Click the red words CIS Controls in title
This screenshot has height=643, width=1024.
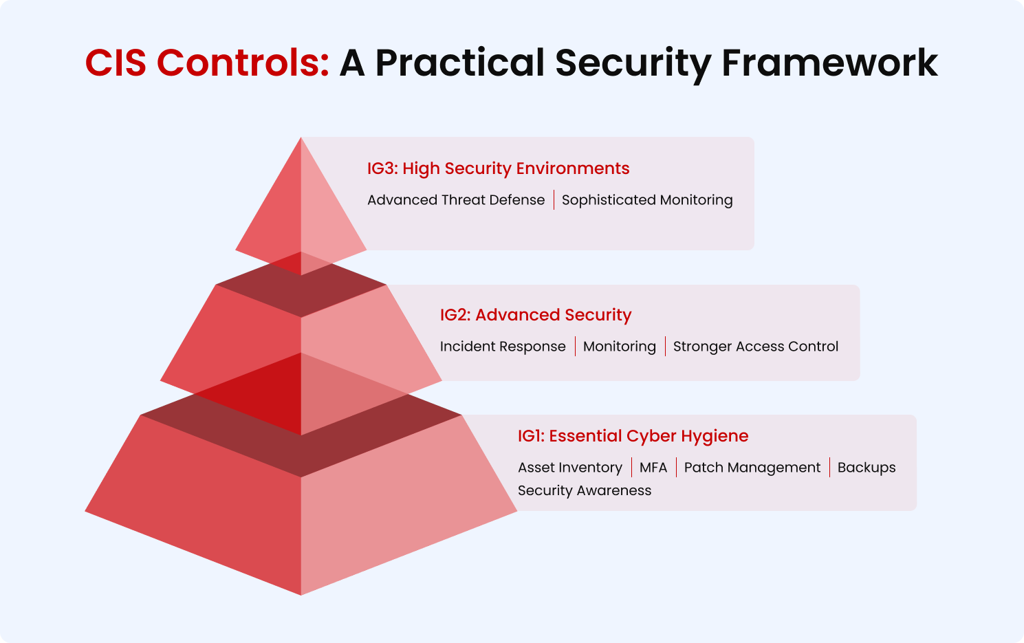tap(206, 63)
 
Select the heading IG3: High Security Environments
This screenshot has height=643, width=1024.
tap(498, 168)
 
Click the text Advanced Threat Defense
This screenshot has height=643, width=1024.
tap(455, 200)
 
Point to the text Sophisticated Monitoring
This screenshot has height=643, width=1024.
tap(646, 200)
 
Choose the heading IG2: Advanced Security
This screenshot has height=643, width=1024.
tap(535, 315)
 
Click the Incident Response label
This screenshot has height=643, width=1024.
tap(502, 347)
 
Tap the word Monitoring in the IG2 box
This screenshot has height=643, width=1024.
tap(619, 347)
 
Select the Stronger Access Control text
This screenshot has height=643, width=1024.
tap(755, 347)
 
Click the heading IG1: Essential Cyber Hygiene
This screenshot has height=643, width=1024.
tap(633, 436)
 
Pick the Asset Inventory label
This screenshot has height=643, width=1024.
tap(569, 468)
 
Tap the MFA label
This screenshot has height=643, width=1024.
tap(653, 468)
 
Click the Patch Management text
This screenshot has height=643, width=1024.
tap(752, 468)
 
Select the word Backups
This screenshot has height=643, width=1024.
tap(866, 468)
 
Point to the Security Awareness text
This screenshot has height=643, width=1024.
tap(584, 490)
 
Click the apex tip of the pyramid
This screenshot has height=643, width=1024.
tap(301, 140)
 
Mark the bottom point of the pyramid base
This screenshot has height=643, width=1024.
tap(301, 593)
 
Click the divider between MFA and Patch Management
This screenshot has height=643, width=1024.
tap(676, 468)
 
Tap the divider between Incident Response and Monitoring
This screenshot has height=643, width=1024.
tap(575, 347)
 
